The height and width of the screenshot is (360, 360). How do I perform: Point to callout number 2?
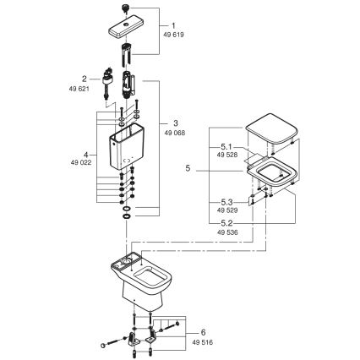(x=85, y=76)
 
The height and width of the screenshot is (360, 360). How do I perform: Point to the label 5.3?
(x=223, y=202)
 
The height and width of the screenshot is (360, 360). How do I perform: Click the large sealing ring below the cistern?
(x=126, y=218)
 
